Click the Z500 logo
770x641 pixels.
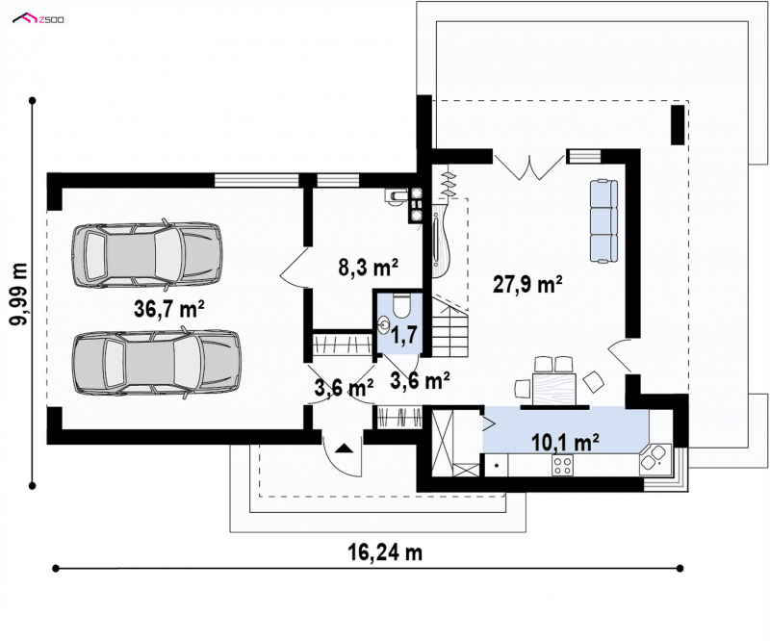pyautogui.click(x=38, y=19)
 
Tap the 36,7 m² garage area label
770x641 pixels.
pyautogui.click(x=169, y=309)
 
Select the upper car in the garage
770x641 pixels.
pyautogui.click(x=147, y=254)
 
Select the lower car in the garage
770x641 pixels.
pyautogui.click(x=157, y=364)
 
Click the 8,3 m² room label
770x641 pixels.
pyautogui.click(x=368, y=268)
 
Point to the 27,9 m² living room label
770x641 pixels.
pyautogui.click(x=527, y=284)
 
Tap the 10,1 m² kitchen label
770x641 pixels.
pyautogui.click(x=565, y=442)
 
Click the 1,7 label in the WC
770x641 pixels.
pyautogui.click(x=404, y=335)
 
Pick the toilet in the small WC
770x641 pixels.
pyautogui.click(x=402, y=305)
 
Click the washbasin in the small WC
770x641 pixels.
pyautogui.click(x=384, y=324)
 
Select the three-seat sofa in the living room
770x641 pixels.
pyautogui.click(x=603, y=220)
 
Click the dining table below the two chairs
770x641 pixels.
pyautogui.click(x=554, y=389)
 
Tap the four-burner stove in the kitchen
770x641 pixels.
pyautogui.click(x=562, y=465)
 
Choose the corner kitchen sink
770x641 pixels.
pyautogui.click(x=655, y=459)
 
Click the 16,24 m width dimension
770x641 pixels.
pyautogui.click(x=385, y=552)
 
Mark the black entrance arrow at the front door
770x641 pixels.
pyautogui.click(x=345, y=448)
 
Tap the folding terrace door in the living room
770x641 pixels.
pyautogui.click(x=529, y=167)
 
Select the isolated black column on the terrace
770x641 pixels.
pyautogui.click(x=678, y=125)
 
